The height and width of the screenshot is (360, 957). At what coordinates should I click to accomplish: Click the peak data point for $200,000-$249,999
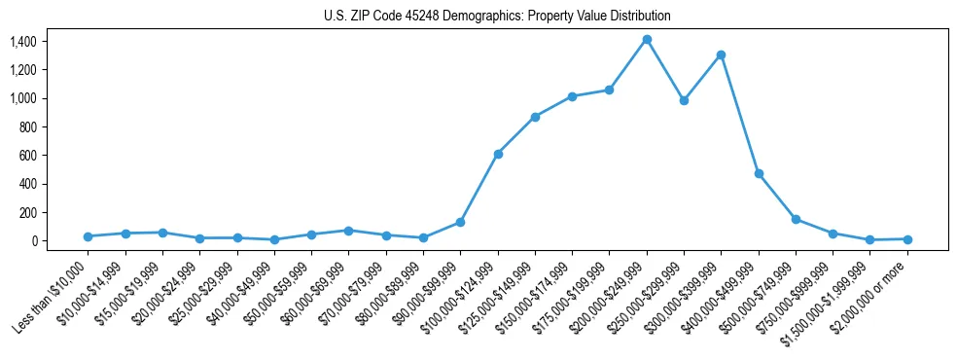[x=647, y=40]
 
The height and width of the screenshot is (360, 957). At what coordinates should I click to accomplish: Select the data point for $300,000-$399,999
[x=721, y=55]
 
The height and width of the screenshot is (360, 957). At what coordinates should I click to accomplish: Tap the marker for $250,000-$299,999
[x=684, y=100]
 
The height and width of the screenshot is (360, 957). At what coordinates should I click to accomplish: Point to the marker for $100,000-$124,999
[x=498, y=154]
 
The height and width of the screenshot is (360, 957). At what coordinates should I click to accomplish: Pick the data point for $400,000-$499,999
[x=759, y=173]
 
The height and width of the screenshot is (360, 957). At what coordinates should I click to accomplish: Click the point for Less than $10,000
[x=88, y=236]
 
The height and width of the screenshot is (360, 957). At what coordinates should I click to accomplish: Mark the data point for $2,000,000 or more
[x=907, y=239]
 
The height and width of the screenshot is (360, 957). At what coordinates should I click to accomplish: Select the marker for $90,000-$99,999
[x=460, y=222]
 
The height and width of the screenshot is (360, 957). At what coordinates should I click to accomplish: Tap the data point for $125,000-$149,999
[x=535, y=117]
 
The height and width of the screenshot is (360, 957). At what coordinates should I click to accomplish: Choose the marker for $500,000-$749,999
[x=796, y=219]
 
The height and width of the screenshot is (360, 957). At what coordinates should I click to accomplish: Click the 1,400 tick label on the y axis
[x=22, y=42]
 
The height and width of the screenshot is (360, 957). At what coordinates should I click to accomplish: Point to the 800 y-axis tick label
[x=27, y=126]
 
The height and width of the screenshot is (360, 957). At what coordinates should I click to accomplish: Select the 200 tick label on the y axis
[x=27, y=212]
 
